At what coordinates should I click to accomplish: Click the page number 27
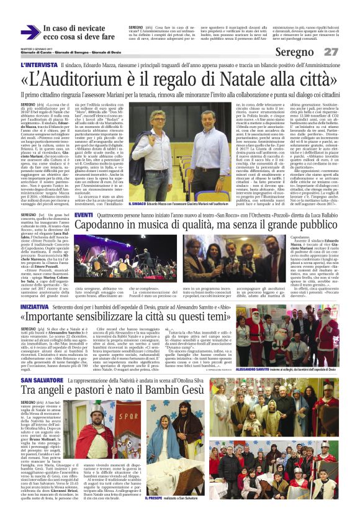click(x=331, y=52)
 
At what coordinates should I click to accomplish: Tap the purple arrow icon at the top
click(x=30, y=33)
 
